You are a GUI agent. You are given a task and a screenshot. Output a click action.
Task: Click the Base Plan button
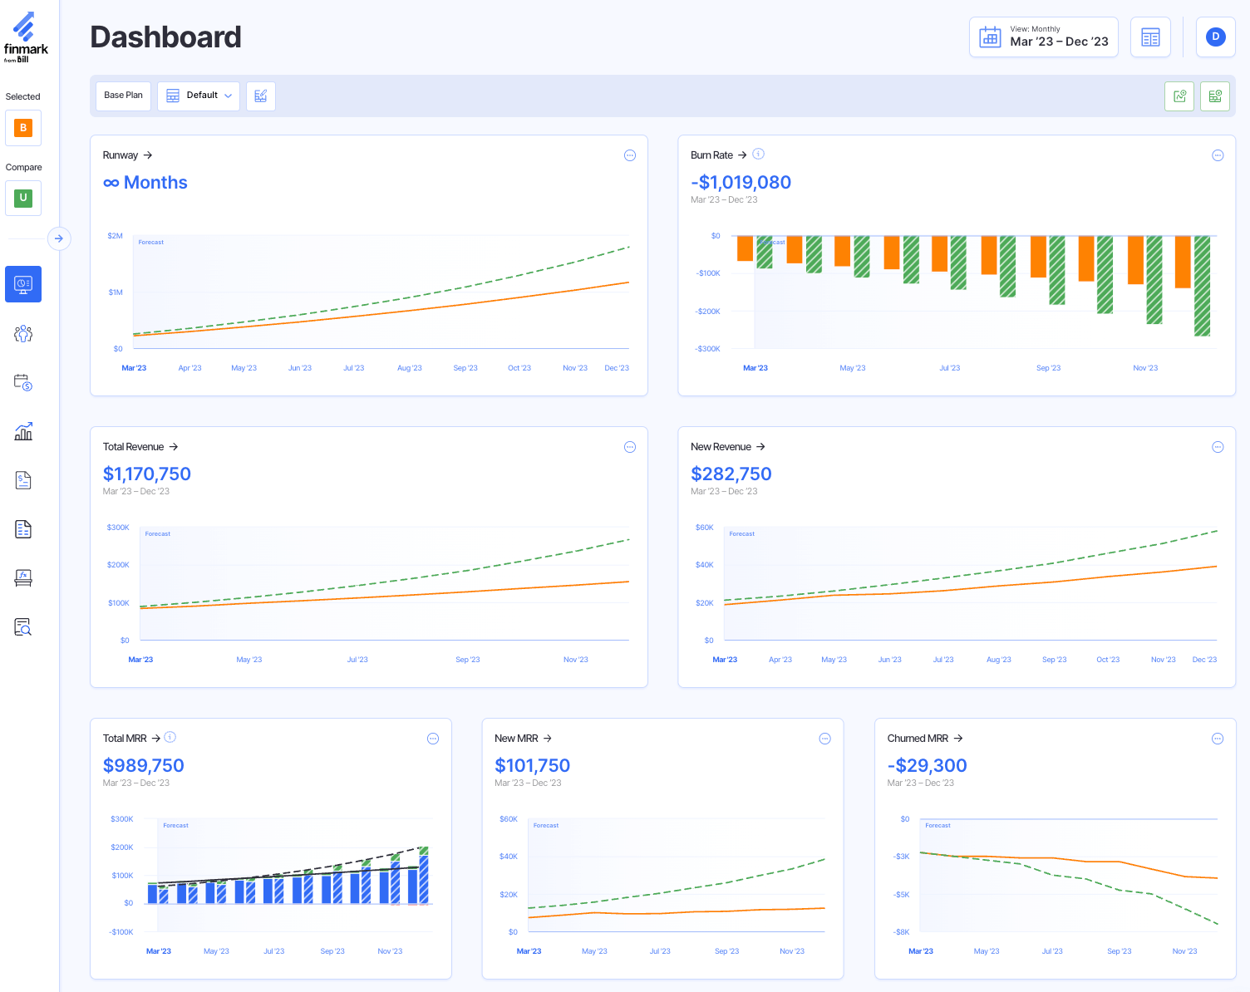[x=123, y=96]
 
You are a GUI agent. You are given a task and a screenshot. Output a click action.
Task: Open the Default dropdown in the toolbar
[x=199, y=96]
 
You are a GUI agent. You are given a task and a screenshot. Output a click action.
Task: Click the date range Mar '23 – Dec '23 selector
[x=1043, y=37]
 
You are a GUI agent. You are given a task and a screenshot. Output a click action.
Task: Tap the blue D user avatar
[x=1215, y=37]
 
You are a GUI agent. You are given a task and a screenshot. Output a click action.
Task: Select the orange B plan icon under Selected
[x=23, y=128]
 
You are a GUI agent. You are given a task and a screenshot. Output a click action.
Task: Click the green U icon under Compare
[x=23, y=199]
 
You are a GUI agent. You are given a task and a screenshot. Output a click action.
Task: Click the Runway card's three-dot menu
[x=630, y=155]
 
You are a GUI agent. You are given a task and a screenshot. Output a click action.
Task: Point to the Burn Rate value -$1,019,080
[x=741, y=183]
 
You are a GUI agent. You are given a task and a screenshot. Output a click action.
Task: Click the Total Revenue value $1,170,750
[x=147, y=474]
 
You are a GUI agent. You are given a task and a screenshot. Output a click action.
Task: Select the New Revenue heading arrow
[x=760, y=447]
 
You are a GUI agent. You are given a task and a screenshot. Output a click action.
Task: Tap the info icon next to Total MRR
[x=170, y=737]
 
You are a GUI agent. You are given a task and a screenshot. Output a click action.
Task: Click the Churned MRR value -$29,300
[x=927, y=766]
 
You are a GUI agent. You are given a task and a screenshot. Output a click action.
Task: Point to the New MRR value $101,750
[x=532, y=766]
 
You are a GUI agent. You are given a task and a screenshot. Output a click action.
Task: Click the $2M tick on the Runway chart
[x=116, y=236]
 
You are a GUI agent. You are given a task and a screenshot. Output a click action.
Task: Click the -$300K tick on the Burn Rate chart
[x=707, y=349]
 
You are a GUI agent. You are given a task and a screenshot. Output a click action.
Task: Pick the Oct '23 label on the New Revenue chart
[x=1107, y=660]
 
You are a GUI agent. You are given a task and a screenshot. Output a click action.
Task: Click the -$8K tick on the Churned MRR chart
[x=901, y=932]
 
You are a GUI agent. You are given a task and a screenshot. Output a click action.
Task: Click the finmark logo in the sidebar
[x=26, y=37]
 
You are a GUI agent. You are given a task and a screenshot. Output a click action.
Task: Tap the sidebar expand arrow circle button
[x=59, y=238]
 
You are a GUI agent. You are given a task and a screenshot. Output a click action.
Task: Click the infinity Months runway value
[x=145, y=183]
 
